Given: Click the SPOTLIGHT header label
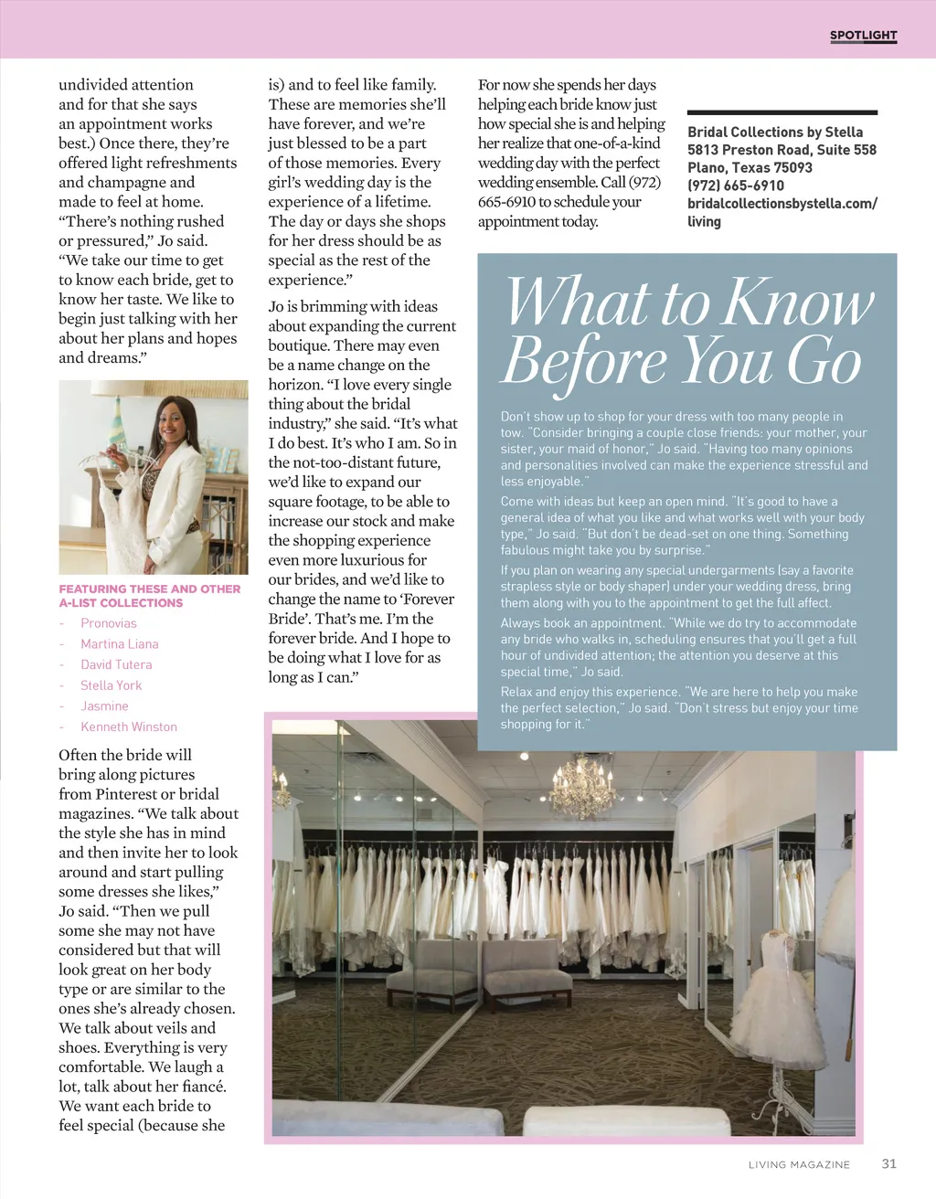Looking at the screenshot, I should tap(863, 36).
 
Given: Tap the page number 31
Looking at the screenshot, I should tap(888, 1163).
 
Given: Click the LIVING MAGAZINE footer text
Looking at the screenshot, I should tap(799, 1164).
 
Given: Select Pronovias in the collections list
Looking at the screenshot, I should tap(109, 623).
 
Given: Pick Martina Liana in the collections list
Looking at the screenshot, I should tap(119, 644).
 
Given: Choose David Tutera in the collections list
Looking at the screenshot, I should tap(116, 664).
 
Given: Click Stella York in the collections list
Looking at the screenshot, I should tap(111, 685).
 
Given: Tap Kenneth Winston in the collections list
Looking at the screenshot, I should tap(129, 727).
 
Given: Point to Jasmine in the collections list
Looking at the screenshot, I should tap(104, 706).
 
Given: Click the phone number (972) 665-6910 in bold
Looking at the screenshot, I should tap(736, 186).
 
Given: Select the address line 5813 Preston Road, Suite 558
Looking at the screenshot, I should tap(782, 150).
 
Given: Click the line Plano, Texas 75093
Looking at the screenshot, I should tap(750, 167).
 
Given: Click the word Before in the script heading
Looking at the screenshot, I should tap(585, 361).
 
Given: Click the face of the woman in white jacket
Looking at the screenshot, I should tap(172, 423).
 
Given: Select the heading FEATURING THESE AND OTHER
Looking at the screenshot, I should tap(150, 589).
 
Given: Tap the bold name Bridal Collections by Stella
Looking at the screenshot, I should tap(775, 133).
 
